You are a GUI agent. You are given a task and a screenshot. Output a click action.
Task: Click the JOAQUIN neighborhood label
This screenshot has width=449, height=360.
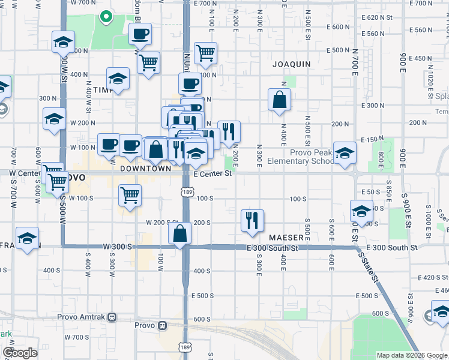point(291,64)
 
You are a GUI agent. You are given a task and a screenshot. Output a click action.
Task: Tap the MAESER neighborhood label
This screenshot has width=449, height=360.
point(287,238)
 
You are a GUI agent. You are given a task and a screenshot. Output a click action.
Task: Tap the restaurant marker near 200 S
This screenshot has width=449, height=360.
point(253,220)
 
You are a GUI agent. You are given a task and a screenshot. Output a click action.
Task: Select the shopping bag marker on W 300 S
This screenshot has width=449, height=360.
point(180,233)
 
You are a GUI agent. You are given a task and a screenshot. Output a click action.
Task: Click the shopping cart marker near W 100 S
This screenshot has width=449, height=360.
point(130,194)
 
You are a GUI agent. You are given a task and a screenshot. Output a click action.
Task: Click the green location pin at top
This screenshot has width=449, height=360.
point(106,16)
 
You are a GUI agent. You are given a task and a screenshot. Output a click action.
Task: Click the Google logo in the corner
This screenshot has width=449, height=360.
point(20,353)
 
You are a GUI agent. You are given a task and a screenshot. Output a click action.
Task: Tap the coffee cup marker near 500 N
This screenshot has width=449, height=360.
point(140,34)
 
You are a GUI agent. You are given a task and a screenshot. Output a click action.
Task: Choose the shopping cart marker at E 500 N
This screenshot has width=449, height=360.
point(205,53)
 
